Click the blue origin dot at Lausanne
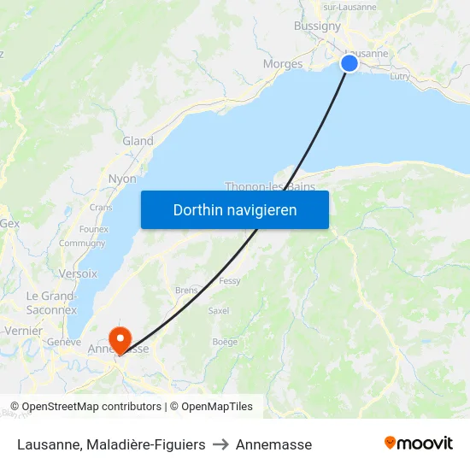pos(350,63)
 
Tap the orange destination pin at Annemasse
pos(120,338)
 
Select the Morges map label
pos(283,64)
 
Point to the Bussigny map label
pos(317,26)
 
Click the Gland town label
pos(138,141)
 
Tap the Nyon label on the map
pos(122,179)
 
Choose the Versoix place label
pos(78,273)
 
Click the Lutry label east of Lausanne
pos(399,76)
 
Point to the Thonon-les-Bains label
pos(270,186)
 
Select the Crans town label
pos(101,207)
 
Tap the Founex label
pos(93,229)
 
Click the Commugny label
pos(82,244)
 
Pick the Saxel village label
pos(219,310)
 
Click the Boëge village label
pos(225,342)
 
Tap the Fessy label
pos(230,280)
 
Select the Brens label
pos(186,290)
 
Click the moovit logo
pos(419,444)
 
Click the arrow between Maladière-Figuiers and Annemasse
pos(220,444)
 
